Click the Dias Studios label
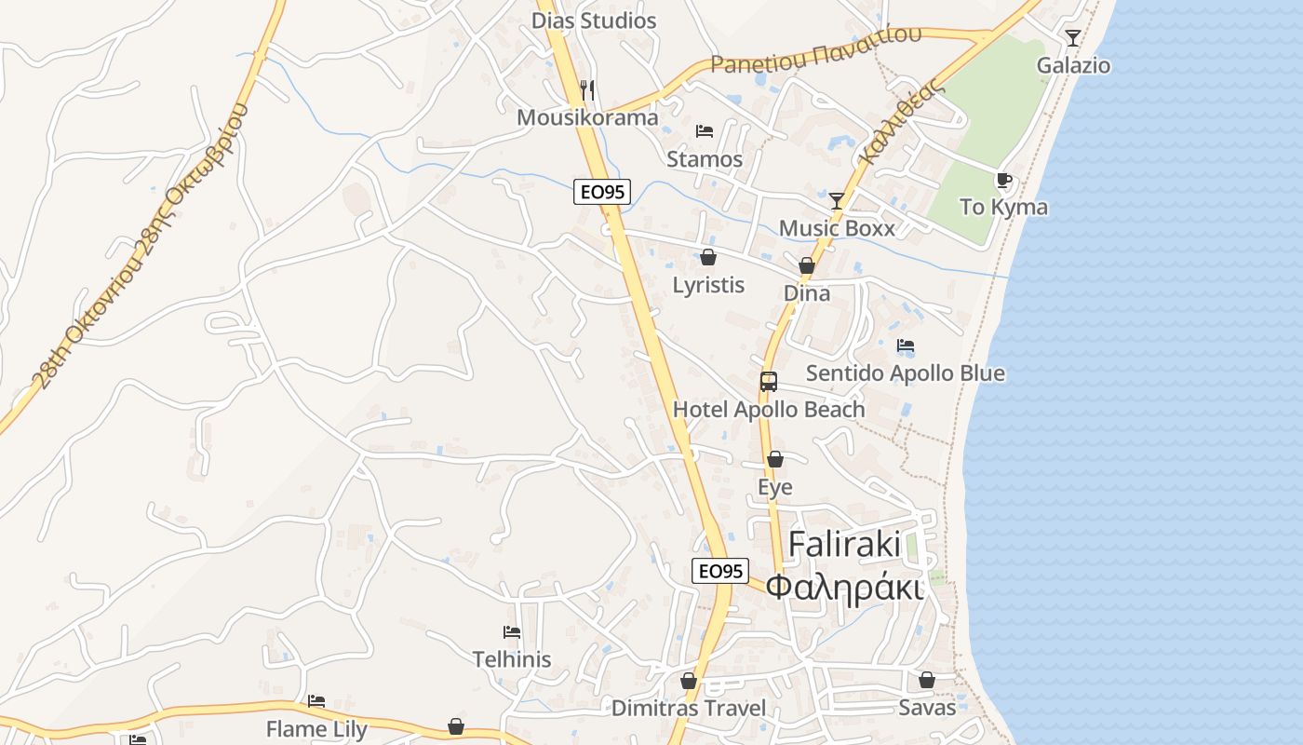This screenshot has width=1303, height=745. [x=593, y=20]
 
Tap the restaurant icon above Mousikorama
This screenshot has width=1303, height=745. [x=587, y=89]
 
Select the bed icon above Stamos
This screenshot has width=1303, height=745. [x=705, y=131]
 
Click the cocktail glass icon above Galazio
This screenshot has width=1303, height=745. [x=1073, y=37]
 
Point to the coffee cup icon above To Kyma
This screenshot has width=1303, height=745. [x=1003, y=180]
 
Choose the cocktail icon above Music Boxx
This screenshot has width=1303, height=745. [x=837, y=200]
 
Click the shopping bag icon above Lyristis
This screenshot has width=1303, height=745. [x=708, y=257]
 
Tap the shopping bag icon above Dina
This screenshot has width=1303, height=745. [x=807, y=265]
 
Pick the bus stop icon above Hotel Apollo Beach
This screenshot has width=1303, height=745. [x=768, y=381]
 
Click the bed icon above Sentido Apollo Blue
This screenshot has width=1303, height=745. [x=905, y=345]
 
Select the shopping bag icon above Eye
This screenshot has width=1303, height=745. [x=774, y=459]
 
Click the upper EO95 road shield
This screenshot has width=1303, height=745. [x=602, y=192]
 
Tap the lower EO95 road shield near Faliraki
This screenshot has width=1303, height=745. [x=720, y=571]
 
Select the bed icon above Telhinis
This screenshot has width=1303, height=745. [x=511, y=632]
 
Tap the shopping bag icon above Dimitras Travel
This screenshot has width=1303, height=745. [x=689, y=681]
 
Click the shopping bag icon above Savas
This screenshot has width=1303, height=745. [x=926, y=680]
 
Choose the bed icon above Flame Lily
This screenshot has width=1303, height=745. [x=316, y=701]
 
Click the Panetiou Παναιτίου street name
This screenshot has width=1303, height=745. [x=816, y=51]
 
